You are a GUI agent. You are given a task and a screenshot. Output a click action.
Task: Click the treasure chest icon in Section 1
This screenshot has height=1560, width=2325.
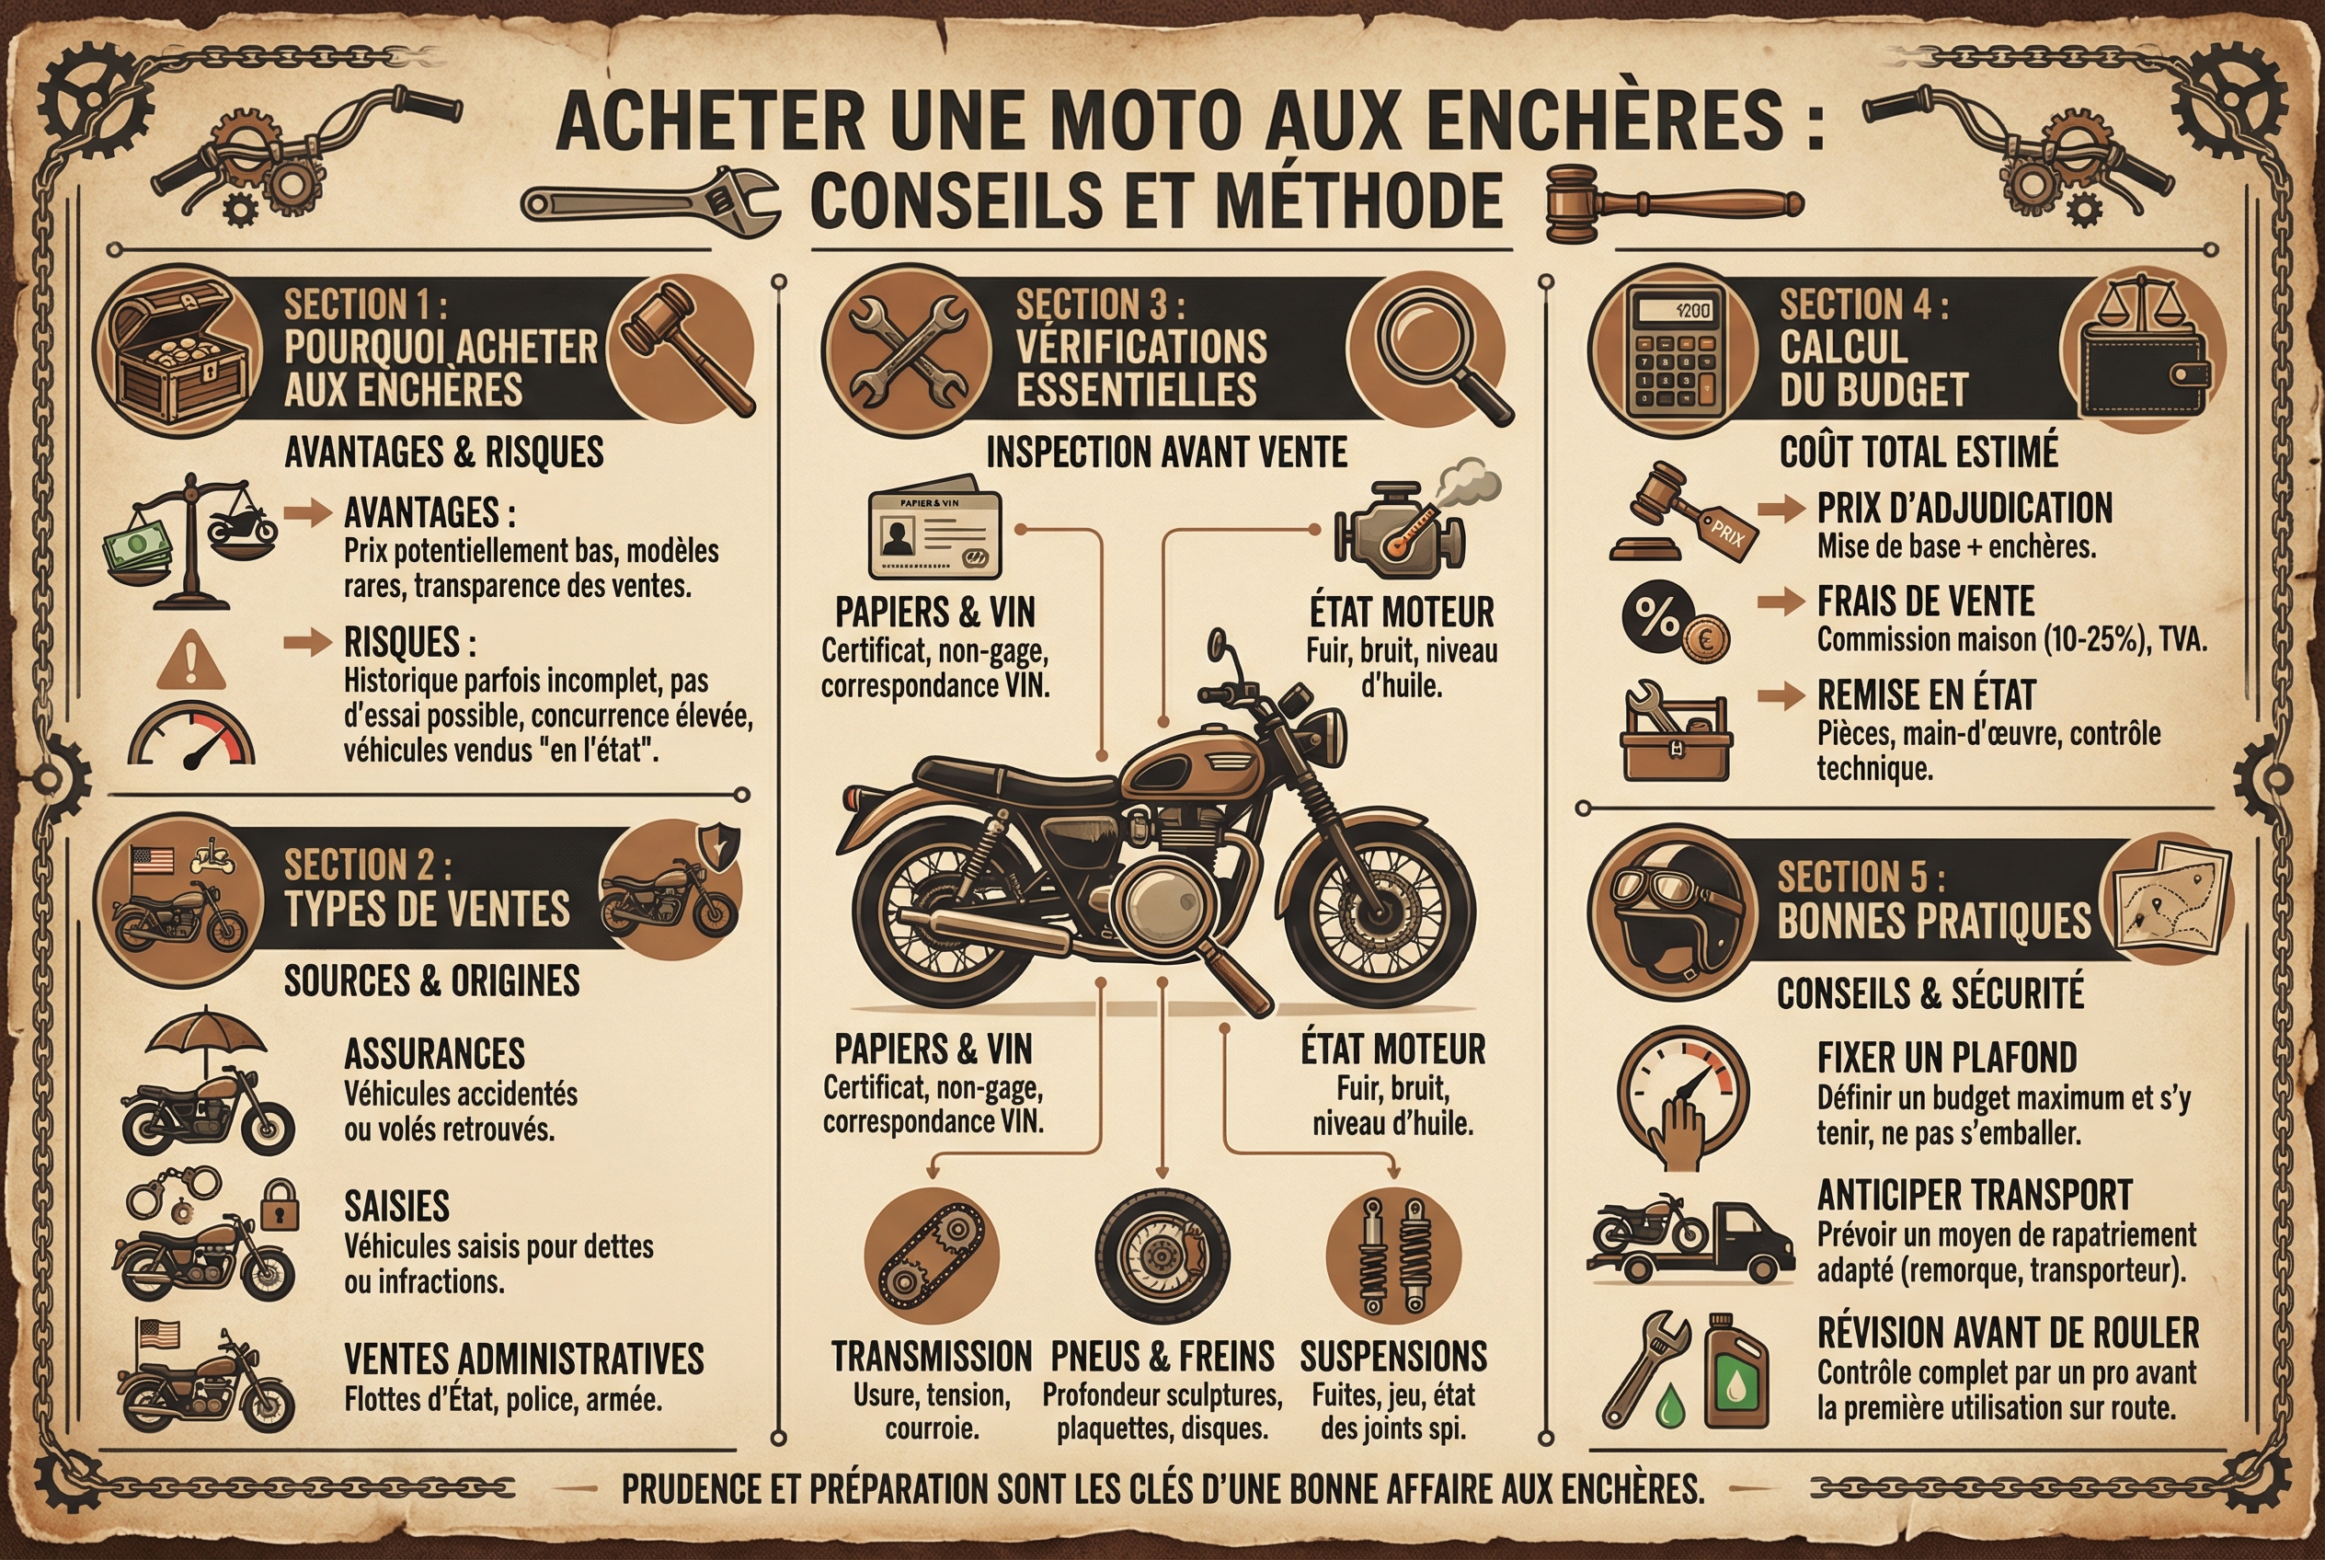tap(179, 351)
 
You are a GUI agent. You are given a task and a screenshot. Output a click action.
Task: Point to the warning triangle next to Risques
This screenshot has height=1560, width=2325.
tap(192, 660)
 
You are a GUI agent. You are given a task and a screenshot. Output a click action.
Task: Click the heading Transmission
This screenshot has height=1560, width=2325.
tap(931, 1357)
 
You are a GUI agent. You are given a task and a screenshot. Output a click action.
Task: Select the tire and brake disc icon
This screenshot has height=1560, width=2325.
tap(1162, 1256)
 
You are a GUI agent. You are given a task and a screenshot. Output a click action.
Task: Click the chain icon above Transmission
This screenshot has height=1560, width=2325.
tap(930, 1256)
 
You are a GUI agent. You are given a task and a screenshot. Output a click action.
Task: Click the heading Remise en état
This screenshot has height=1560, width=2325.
tap(1926, 694)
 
